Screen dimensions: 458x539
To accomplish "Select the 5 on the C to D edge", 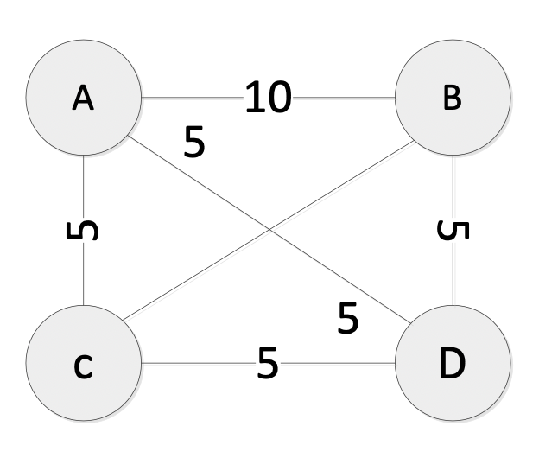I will point(268,364).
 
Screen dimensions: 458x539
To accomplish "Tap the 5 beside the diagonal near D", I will point(347,320).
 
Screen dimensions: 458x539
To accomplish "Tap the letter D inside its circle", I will point(452,364).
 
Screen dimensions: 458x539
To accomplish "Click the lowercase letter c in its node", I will point(82,366).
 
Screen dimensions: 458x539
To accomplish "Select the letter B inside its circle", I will point(452,99).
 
